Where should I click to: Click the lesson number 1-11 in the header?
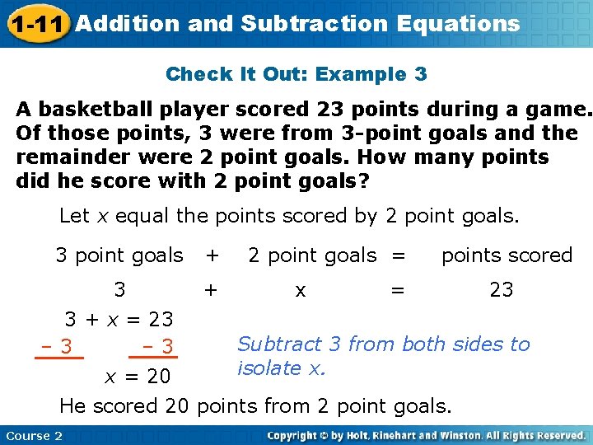point(36,24)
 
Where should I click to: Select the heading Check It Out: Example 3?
point(296,74)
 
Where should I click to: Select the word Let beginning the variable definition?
point(74,217)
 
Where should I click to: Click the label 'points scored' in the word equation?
point(507,255)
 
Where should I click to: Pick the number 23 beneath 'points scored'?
point(501,290)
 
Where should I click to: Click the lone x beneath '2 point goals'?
point(301,290)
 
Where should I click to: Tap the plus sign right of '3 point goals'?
point(212,255)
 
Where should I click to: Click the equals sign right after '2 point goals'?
point(398,255)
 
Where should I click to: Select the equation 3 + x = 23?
point(119,319)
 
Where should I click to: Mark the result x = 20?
point(137,377)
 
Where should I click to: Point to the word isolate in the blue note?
point(270,368)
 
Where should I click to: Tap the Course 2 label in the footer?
point(34,435)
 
